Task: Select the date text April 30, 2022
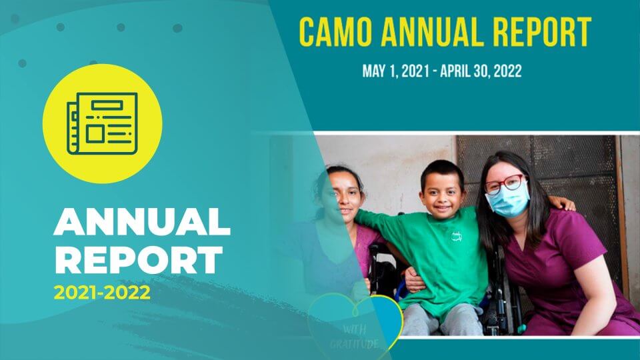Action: [x=481, y=71]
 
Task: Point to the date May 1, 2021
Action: [x=396, y=71]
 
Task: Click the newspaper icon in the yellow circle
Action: [x=102, y=124]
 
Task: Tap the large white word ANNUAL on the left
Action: [x=142, y=222]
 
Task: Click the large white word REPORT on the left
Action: [x=139, y=260]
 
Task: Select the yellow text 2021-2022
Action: [x=102, y=293]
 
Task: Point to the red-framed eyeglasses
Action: [x=505, y=184]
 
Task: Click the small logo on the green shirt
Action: [x=456, y=236]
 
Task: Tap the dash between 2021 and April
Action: [x=435, y=72]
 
